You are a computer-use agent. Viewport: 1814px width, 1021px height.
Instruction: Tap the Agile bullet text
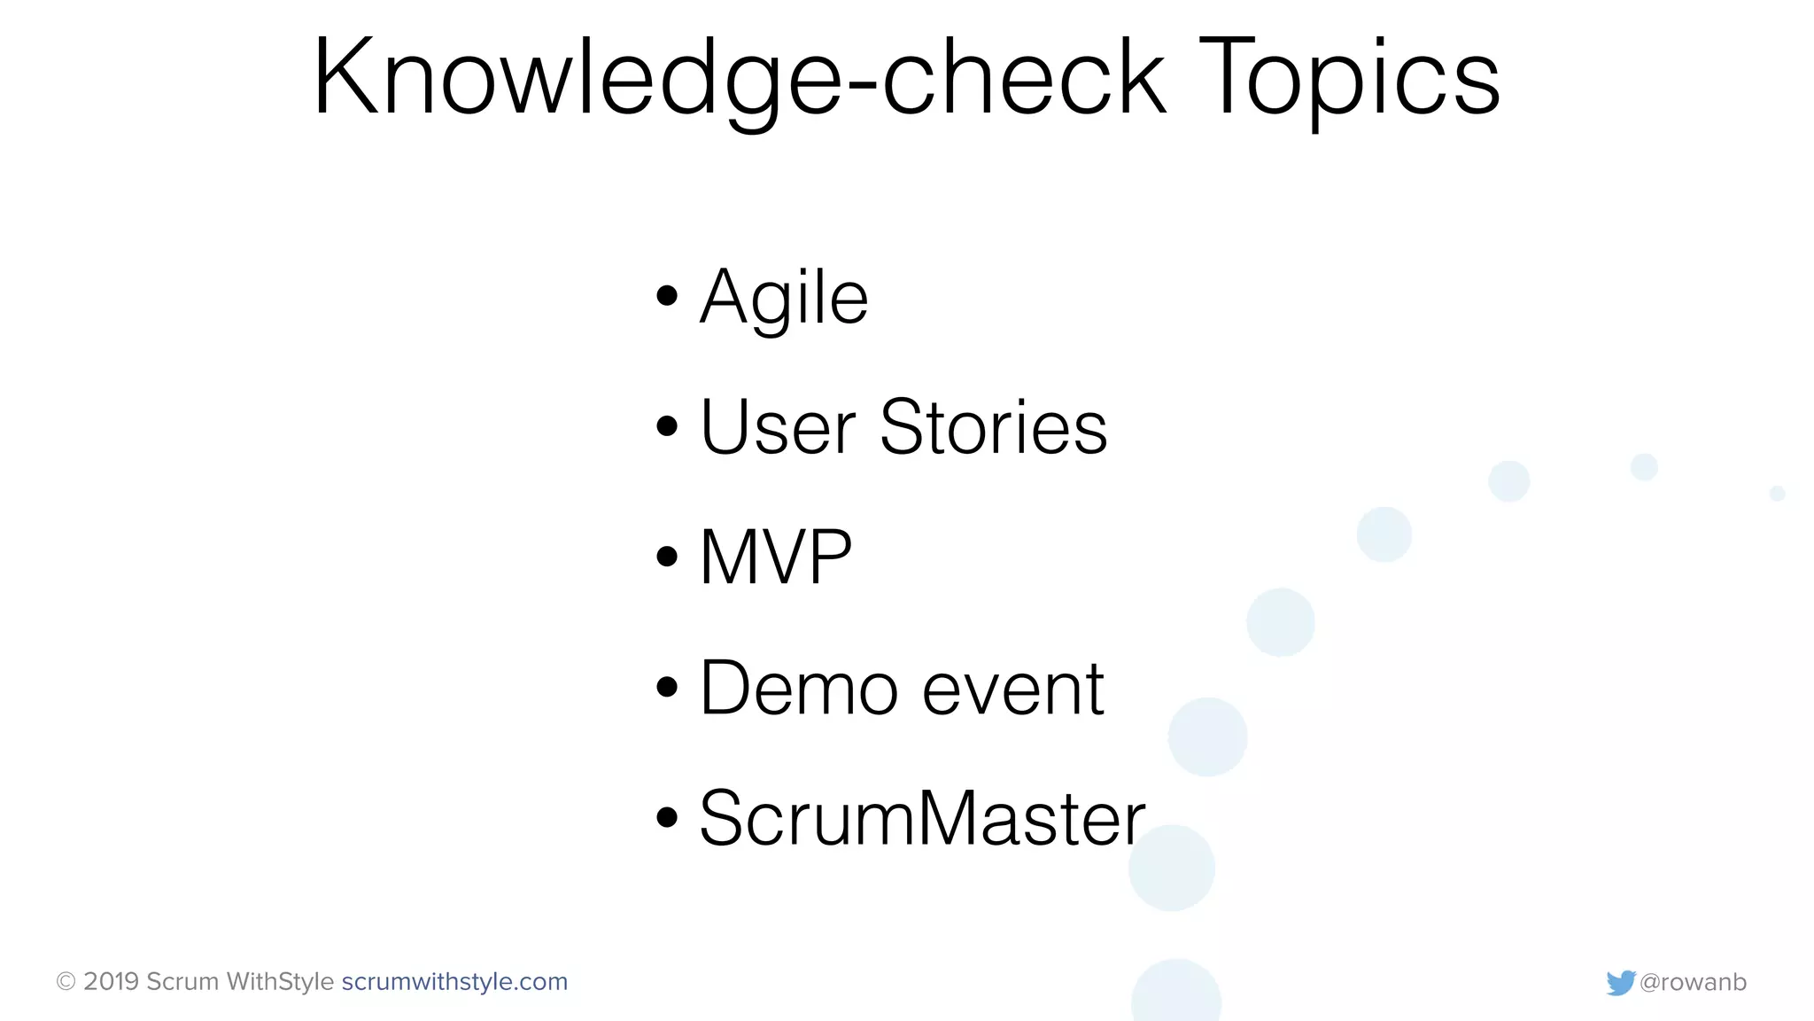784,298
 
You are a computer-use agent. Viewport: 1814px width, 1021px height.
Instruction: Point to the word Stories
993,428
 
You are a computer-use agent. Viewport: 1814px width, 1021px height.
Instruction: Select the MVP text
776,557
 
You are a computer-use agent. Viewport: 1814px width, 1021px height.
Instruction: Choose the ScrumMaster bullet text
922,819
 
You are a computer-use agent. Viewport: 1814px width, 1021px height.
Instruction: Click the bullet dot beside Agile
667,296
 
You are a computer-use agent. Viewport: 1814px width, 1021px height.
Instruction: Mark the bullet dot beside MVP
667,557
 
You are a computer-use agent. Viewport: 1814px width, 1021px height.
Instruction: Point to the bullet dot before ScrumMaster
667,817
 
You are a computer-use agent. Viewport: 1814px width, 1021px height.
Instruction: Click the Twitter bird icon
1620,983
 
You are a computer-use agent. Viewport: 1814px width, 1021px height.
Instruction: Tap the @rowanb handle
1693,982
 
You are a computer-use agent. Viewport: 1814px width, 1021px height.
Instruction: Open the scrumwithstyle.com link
454,982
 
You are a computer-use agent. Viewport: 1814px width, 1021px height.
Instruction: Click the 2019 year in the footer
112,982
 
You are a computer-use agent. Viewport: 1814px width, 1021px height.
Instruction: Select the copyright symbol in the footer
66,982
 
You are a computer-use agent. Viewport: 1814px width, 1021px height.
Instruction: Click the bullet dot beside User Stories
667,426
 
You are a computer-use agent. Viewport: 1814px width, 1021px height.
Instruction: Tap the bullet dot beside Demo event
667,687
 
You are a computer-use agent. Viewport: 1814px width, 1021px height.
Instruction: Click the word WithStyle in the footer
280,982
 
